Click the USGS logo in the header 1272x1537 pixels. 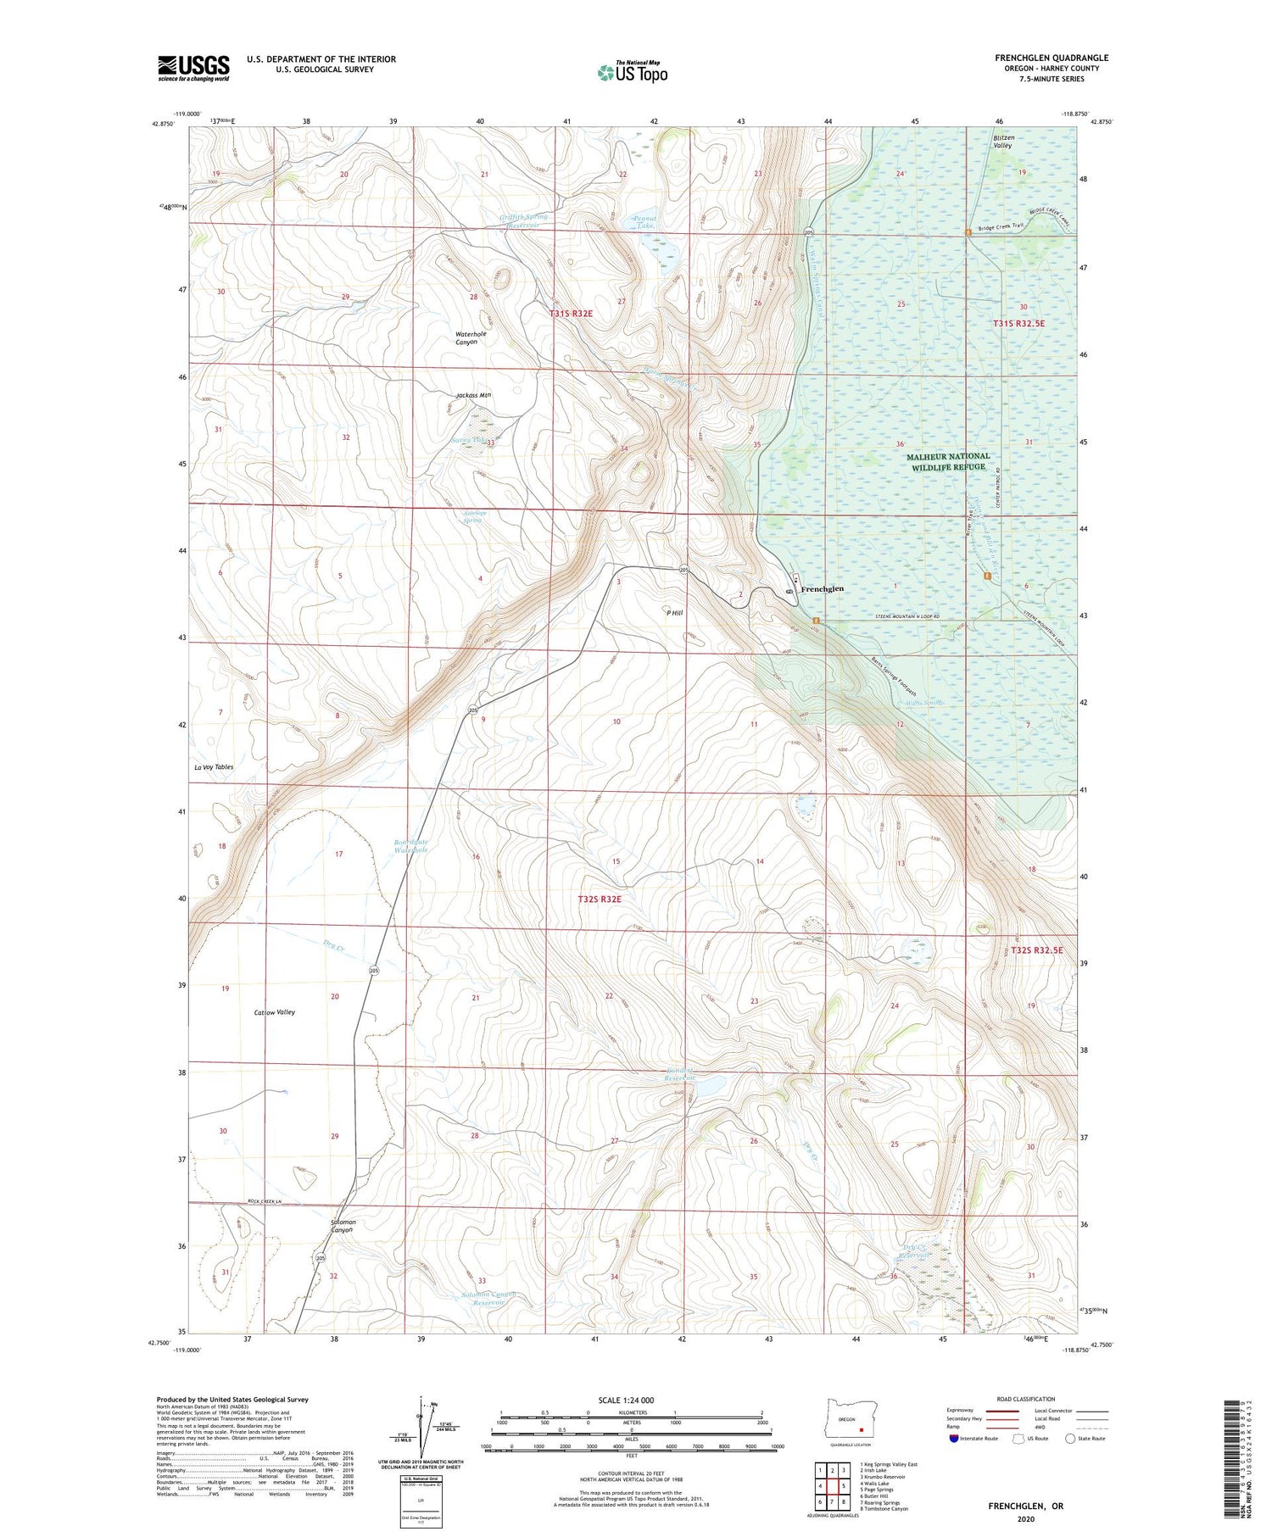[193, 68]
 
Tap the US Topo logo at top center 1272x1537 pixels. [632, 72]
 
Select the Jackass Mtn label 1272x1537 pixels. [473, 395]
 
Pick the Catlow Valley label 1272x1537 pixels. [274, 1012]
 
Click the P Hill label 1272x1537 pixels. [674, 612]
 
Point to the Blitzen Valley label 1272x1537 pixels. [1003, 141]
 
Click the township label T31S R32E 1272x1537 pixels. [571, 314]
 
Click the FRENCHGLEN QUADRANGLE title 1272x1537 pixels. [1052, 58]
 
